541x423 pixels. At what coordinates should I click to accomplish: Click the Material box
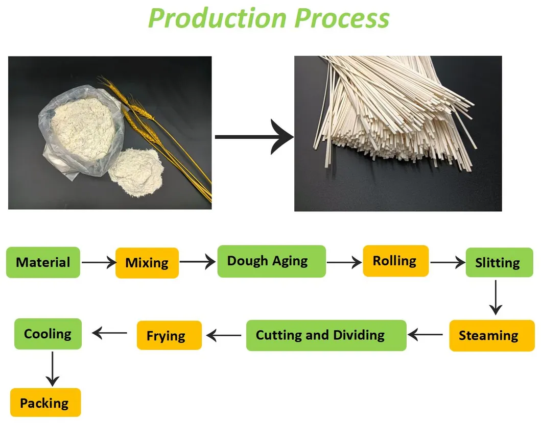pyautogui.click(x=43, y=262)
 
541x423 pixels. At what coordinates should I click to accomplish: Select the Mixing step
pyautogui.click(x=147, y=263)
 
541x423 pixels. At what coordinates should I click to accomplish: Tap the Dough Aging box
pyautogui.click(x=272, y=261)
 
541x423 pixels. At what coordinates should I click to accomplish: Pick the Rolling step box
pyautogui.click(x=396, y=261)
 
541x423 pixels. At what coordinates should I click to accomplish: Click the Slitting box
pyautogui.click(x=499, y=262)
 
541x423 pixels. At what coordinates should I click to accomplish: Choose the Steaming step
pyautogui.click(x=491, y=335)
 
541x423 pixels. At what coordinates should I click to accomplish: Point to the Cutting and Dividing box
pyautogui.click(x=326, y=335)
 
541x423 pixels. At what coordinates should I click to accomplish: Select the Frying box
pyautogui.click(x=169, y=335)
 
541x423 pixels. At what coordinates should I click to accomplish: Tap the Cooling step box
pyautogui.click(x=48, y=334)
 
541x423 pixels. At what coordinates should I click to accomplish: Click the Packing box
pyautogui.click(x=45, y=403)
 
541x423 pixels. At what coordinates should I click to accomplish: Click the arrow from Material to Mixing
pyautogui.click(x=99, y=263)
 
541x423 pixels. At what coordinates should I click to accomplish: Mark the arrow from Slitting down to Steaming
pyautogui.click(x=496, y=297)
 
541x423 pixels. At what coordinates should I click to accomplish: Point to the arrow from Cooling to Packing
pyautogui.click(x=53, y=369)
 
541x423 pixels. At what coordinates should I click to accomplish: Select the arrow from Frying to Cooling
pyautogui.click(x=109, y=333)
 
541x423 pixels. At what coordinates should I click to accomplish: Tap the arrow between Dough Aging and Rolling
pyautogui.click(x=344, y=262)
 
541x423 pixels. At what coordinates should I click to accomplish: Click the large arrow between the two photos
pyautogui.click(x=254, y=137)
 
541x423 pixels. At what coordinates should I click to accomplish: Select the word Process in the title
pyautogui.click(x=342, y=18)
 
